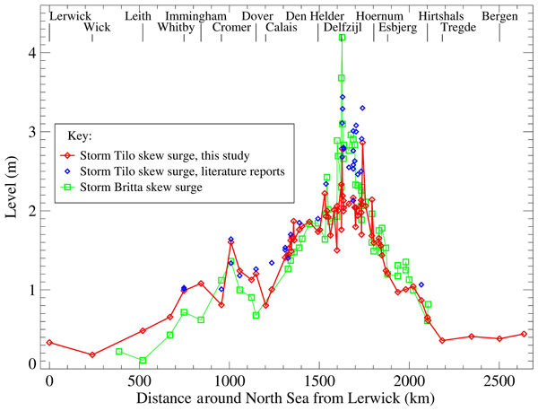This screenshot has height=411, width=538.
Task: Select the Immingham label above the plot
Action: coord(196,16)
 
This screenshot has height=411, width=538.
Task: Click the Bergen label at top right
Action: coord(499,16)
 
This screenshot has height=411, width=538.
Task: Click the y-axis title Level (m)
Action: coord(12,188)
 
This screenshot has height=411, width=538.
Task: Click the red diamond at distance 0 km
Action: coord(49,343)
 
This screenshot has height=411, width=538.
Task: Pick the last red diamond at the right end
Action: coord(524,334)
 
